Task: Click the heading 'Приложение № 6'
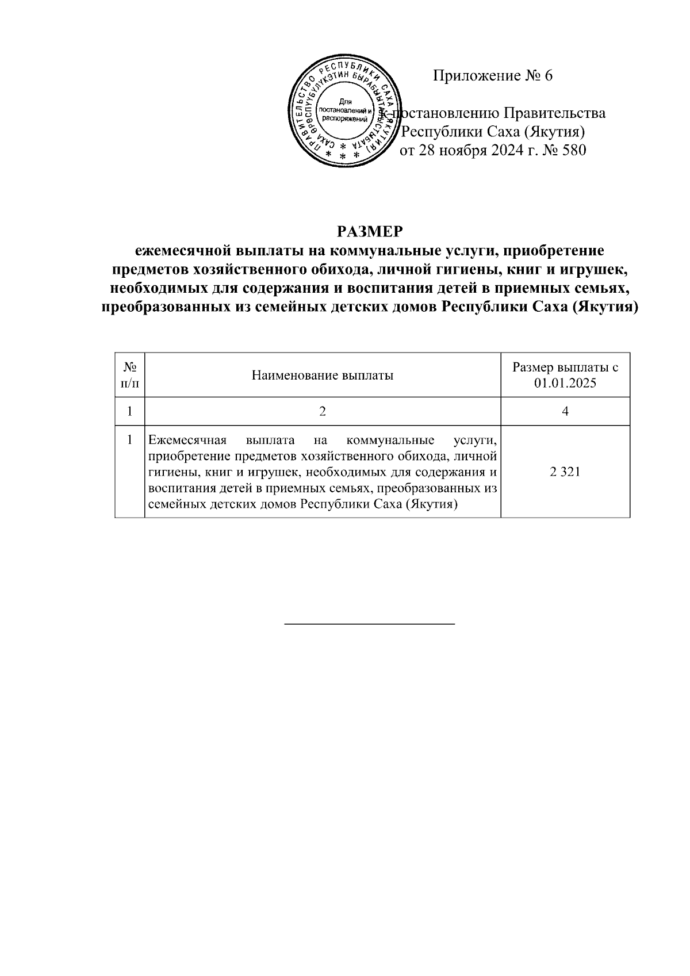[x=492, y=75]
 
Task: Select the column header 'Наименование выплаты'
[x=322, y=376]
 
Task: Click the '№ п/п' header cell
[x=129, y=374]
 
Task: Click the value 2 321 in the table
[x=565, y=472]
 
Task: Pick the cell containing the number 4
[x=565, y=412]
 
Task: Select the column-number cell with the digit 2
[x=322, y=412]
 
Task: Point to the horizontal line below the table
[x=370, y=623]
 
